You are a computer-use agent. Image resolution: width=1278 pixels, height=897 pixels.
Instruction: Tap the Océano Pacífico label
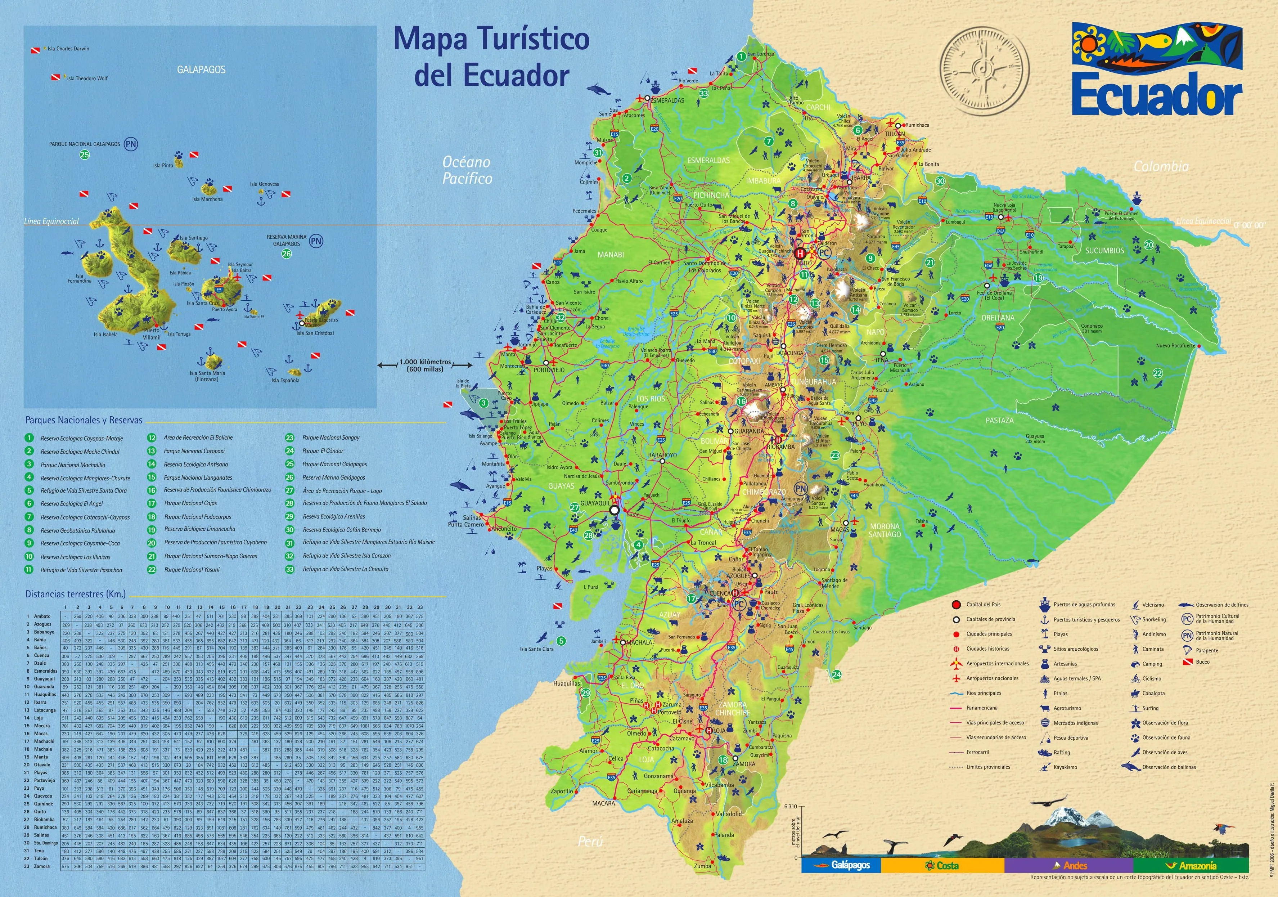pos(467,170)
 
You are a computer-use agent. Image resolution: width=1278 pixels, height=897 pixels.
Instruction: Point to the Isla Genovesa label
pos(264,184)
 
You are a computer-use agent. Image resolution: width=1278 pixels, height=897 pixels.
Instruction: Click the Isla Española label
pos(285,380)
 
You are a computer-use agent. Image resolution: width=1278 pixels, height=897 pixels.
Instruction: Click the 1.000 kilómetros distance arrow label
pos(425,365)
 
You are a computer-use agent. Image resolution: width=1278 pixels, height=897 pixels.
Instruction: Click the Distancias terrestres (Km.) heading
pos(75,594)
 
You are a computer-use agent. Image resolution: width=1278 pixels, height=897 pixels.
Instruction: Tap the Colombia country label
pos(1161,166)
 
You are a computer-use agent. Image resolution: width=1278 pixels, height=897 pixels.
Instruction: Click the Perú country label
pos(590,841)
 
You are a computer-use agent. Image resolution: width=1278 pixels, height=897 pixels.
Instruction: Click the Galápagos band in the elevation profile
pos(841,866)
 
